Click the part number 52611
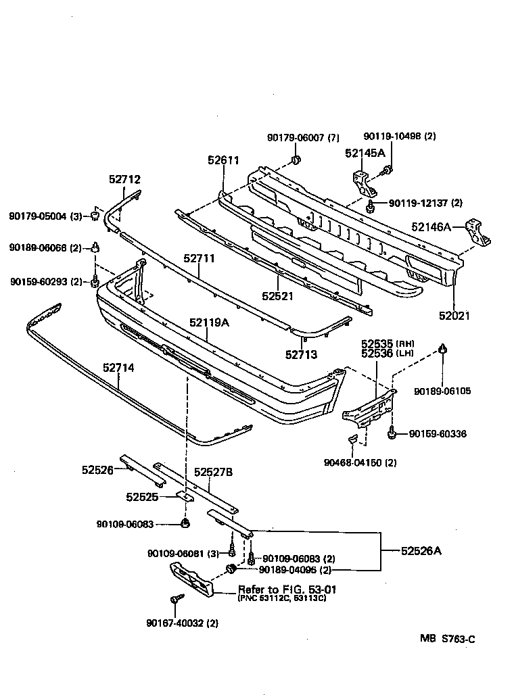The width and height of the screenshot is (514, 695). point(223,160)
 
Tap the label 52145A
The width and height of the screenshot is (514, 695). point(365,153)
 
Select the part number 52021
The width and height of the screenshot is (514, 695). point(454,316)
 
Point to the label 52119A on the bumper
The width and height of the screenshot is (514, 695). point(209,322)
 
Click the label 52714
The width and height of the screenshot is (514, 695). point(118,368)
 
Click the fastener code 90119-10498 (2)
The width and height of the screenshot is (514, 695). point(400,136)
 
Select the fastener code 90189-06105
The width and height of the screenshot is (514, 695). point(443,391)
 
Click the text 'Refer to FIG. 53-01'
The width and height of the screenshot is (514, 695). point(287,590)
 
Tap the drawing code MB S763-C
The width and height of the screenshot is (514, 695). point(446,638)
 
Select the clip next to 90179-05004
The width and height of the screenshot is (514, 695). point(96,216)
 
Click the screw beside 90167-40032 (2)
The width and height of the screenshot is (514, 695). point(176,599)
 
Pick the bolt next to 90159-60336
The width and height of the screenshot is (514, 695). point(392,433)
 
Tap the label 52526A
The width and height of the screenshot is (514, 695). point(421,551)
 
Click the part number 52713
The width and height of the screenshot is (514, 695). point(301,354)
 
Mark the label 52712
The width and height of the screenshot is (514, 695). point(124,179)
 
